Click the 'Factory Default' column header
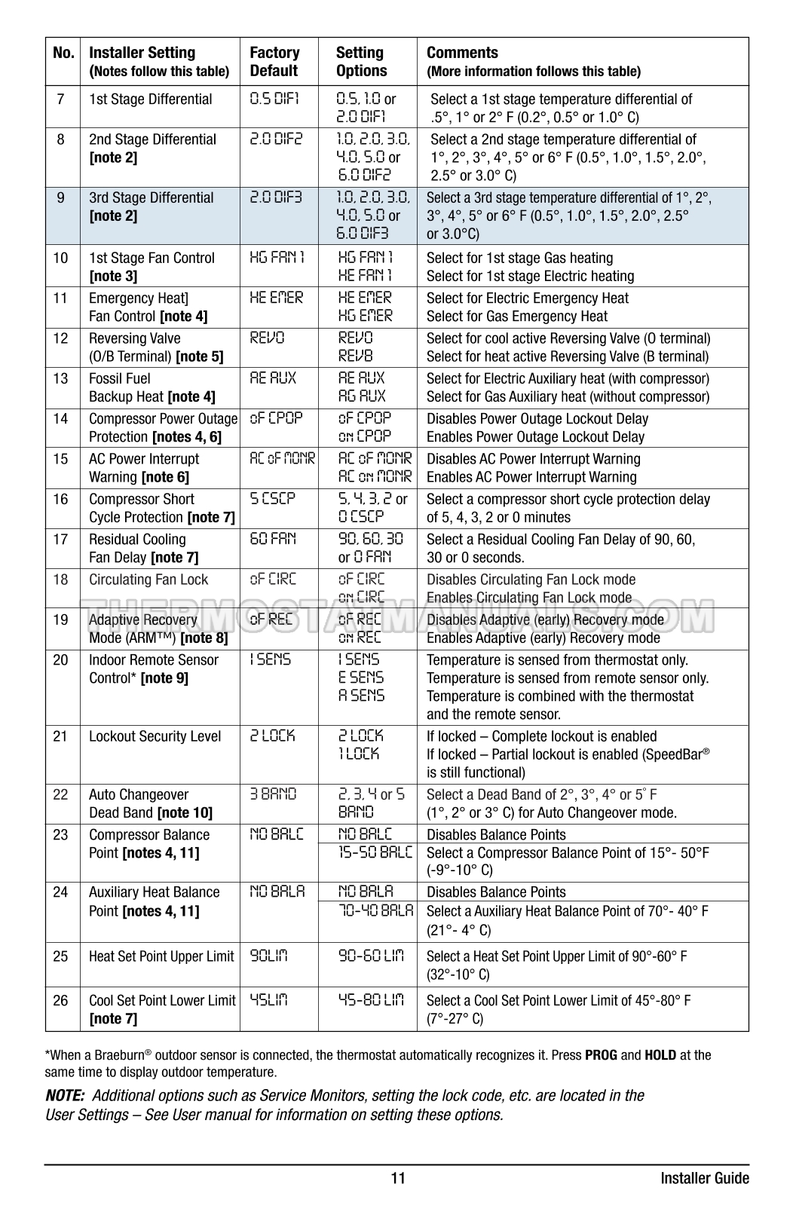click(274, 62)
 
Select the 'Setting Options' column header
click(361, 62)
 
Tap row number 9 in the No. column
click(61, 198)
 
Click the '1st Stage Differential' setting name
click(150, 99)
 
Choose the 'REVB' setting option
click(355, 356)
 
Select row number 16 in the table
click(61, 499)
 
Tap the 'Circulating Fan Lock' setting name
click(148, 580)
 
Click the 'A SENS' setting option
click(361, 696)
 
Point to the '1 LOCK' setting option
click(359, 754)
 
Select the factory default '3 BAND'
click(273, 794)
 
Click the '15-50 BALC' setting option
click(375, 852)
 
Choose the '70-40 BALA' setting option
click(375, 910)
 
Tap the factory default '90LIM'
click(268, 956)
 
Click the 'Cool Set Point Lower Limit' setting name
click(162, 1001)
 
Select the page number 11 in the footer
click(398, 1178)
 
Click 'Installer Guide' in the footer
click(704, 1178)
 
